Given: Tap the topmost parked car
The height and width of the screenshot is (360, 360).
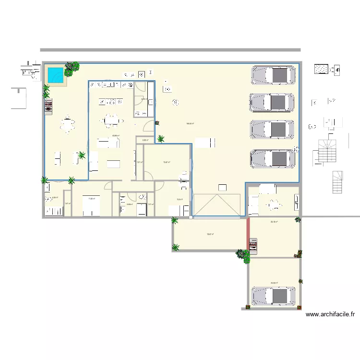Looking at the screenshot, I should [x=272, y=75].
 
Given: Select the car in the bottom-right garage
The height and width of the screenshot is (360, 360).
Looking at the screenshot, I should [x=272, y=296].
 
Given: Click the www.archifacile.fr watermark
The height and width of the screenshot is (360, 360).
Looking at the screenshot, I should [x=330, y=315].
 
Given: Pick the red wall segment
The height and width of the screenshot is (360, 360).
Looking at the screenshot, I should [x=249, y=235].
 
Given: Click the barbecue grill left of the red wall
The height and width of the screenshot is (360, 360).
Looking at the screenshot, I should [x=254, y=246].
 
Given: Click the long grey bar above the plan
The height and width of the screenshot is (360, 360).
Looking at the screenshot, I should [x=170, y=49].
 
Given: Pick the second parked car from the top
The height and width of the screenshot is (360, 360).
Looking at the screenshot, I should [x=272, y=103].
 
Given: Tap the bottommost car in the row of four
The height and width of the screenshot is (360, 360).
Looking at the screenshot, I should [x=272, y=159].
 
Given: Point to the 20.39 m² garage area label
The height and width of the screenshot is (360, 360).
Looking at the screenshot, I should [x=275, y=283].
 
